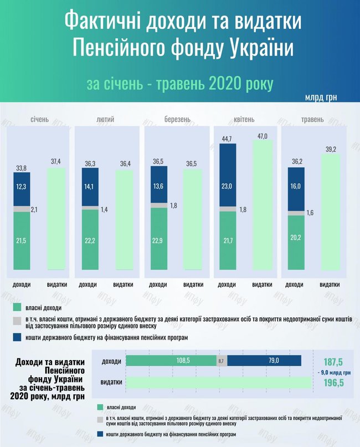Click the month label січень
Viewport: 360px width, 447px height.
[x=39, y=120]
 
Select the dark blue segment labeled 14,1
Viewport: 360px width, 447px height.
[x=90, y=187]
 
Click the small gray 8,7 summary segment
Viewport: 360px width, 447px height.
[x=222, y=361]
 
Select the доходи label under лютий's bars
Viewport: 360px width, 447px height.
[x=88, y=285]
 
